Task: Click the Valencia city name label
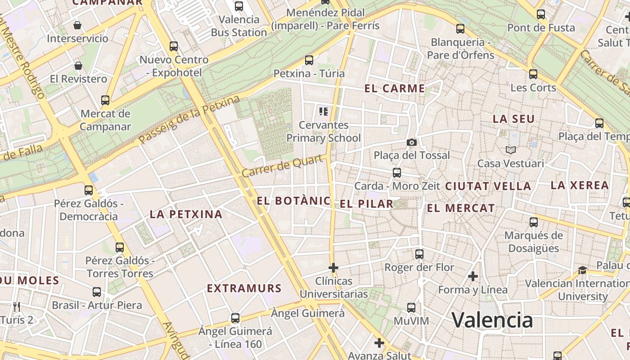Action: click(x=492, y=320)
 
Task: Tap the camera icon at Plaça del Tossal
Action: click(x=411, y=143)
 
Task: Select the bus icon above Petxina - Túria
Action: click(x=309, y=60)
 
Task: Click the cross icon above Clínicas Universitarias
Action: click(x=333, y=268)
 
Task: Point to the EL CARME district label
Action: click(x=395, y=89)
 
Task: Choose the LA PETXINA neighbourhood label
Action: click(x=186, y=215)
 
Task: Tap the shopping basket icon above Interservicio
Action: click(x=77, y=25)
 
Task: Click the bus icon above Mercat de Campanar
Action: click(x=105, y=100)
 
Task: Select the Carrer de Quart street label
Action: click(x=284, y=166)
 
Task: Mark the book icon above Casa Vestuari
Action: click(x=510, y=150)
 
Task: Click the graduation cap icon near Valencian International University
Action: click(x=582, y=270)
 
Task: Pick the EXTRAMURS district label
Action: click(x=244, y=288)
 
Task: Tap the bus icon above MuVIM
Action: click(x=411, y=308)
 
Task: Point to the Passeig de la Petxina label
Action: click(x=189, y=120)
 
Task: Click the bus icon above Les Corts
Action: click(x=533, y=74)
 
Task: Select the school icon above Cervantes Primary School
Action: click(x=323, y=111)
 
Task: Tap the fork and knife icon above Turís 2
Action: click(x=17, y=307)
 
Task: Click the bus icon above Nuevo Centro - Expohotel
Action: click(x=174, y=46)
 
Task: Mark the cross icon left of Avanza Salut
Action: click(x=379, y=343)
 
